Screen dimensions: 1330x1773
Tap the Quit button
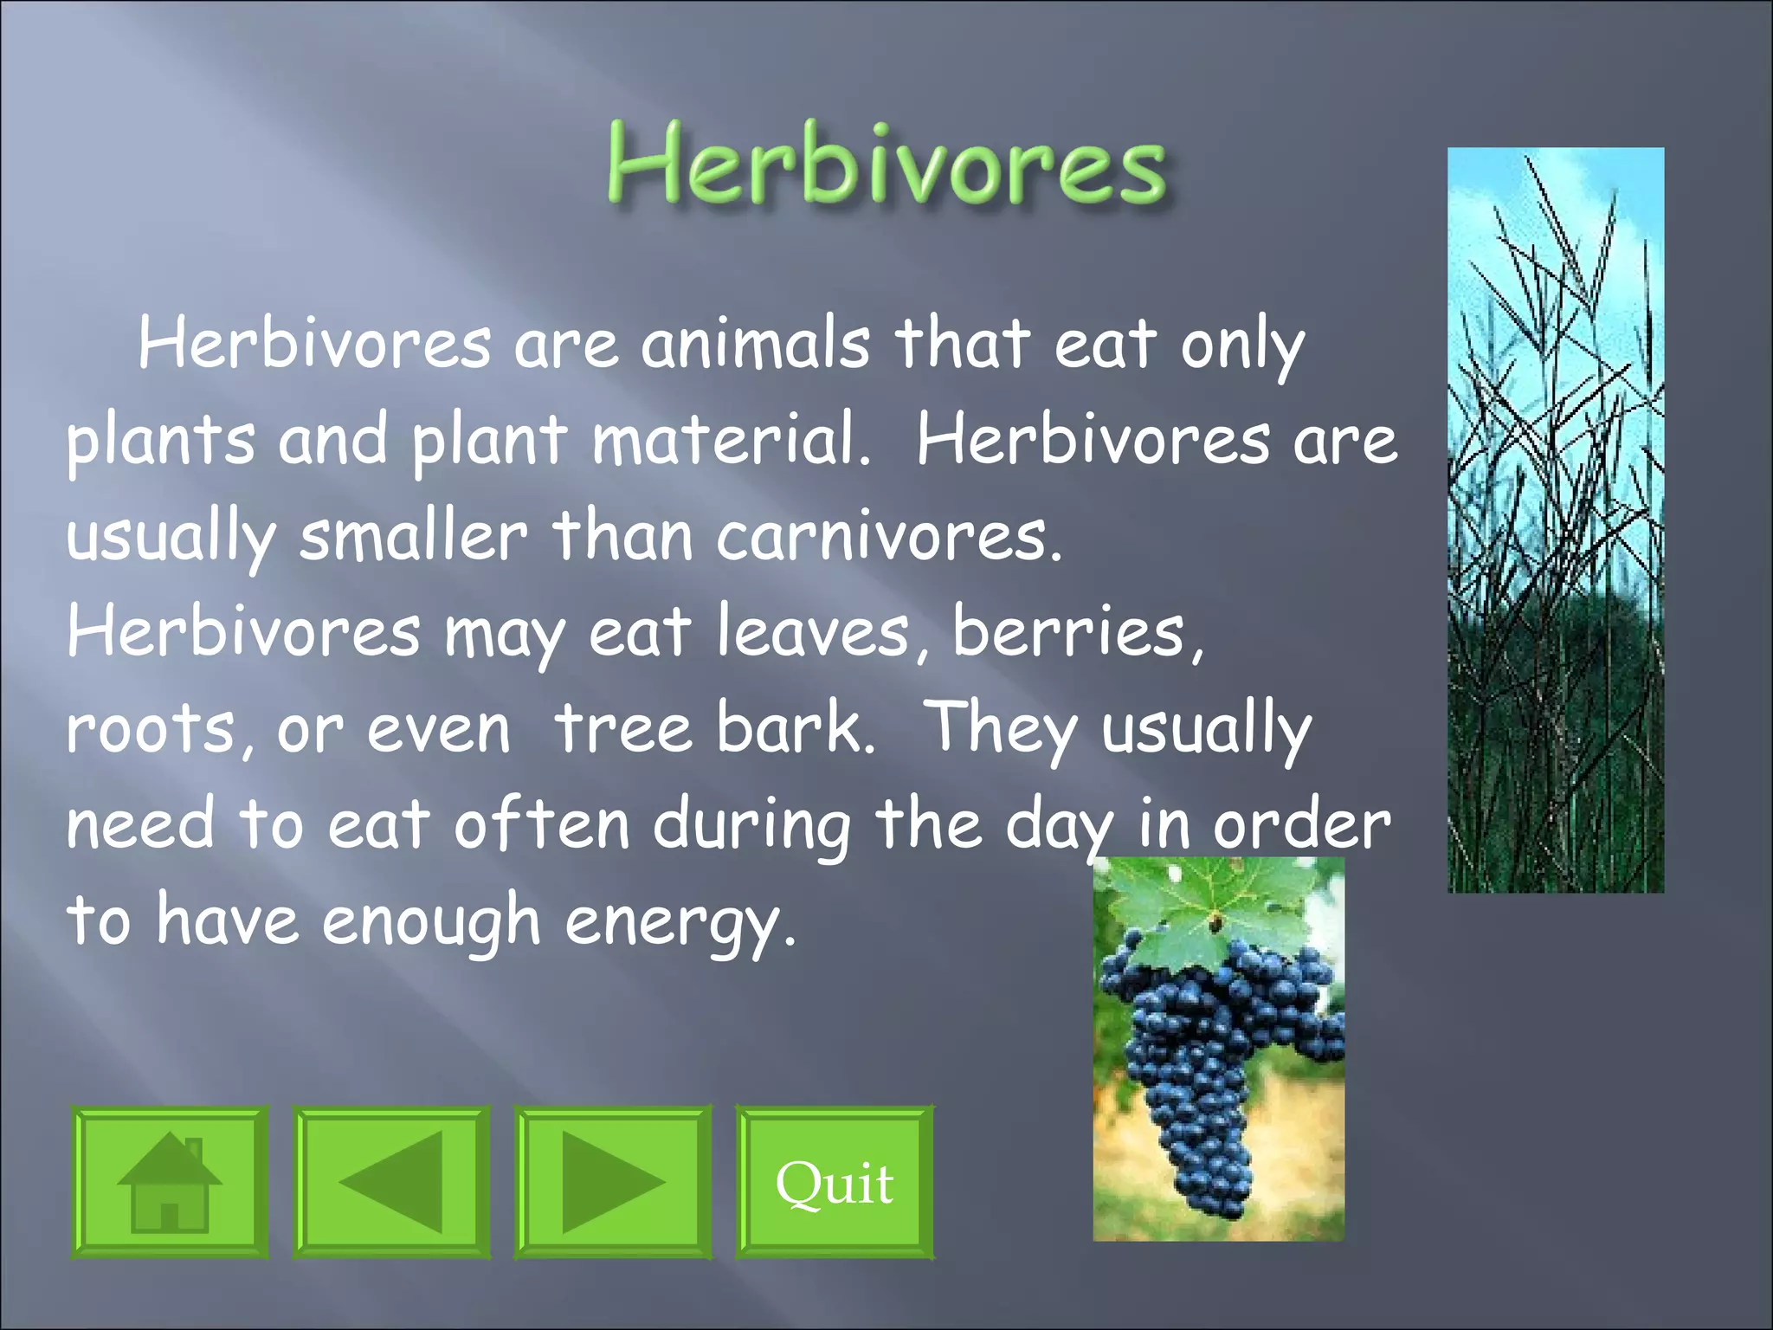[x=835, y=1182]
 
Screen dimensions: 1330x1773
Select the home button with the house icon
[x=170, y=1182]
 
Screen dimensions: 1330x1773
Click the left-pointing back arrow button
[x=391, y=1182]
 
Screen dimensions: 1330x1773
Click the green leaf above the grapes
[x=1212, y=909]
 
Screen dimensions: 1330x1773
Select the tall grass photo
[x=1556, y=520]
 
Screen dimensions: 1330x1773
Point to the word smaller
[x=414, y=537]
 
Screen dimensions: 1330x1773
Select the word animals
[x=755, y=344]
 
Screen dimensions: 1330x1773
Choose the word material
[x=730, y=440]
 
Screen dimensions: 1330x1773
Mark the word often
[x=541, y=824]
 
